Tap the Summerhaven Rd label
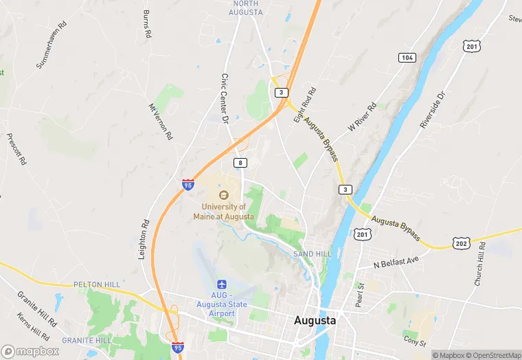[x=52, y=45]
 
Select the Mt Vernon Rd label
[x=160, y=122]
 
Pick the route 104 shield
[x=408, y=57]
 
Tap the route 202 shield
[x=461, y=243]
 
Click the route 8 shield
[x=240, y=163]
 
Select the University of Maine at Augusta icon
[x=223, y=194]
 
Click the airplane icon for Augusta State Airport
[x=222, y=284]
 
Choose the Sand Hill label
[x=313, y=254]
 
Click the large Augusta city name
[x=315, y=320]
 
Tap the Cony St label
[x=415, y=341]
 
